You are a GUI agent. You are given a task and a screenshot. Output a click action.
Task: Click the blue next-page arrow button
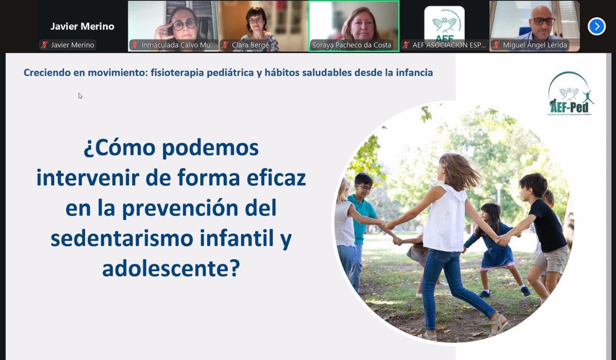[x=596, y=26]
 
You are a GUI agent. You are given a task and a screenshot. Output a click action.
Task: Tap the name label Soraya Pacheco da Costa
[x=352, y=45]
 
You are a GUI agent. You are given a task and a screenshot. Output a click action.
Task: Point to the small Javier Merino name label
[x=72, y=45]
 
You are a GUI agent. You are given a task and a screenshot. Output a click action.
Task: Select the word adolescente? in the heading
[x=170, y=268]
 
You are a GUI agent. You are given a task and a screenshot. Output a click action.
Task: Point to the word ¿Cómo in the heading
[x=119, y=148]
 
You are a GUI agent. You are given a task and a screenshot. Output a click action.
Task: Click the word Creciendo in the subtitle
[x=47, y=73]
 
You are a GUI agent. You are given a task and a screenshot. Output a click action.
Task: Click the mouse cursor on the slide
[x=80, y=96]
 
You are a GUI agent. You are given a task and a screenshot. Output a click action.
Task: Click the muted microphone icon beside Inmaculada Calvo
[x=136, y=45]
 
